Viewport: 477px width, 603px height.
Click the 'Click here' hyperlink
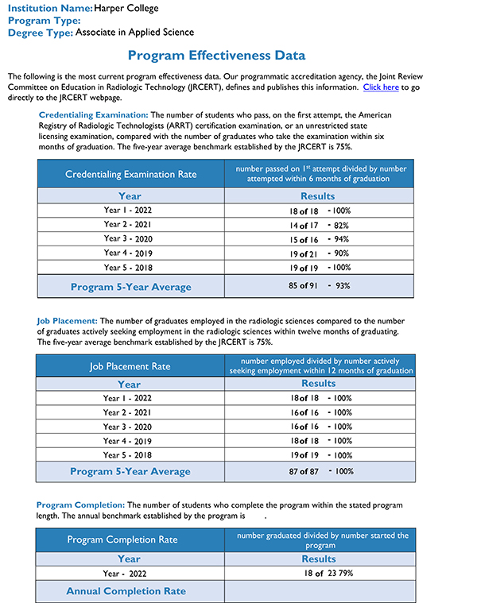381,87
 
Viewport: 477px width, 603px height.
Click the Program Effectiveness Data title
216,56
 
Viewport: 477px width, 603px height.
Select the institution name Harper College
126,8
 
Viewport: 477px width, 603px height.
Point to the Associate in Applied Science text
134,33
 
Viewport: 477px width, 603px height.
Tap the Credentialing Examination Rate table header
130,174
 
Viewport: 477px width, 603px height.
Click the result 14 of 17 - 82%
318,226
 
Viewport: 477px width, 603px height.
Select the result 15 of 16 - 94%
318,239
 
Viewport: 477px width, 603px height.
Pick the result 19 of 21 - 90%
318,253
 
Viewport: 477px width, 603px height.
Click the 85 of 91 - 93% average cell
318,286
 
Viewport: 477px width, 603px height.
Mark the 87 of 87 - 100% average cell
318,471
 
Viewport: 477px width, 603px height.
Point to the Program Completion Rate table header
122,539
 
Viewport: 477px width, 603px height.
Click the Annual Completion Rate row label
126,591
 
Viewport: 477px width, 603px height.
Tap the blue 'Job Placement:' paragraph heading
67,320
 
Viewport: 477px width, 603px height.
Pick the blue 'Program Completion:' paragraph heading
80,504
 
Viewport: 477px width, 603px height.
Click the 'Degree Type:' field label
41,33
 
